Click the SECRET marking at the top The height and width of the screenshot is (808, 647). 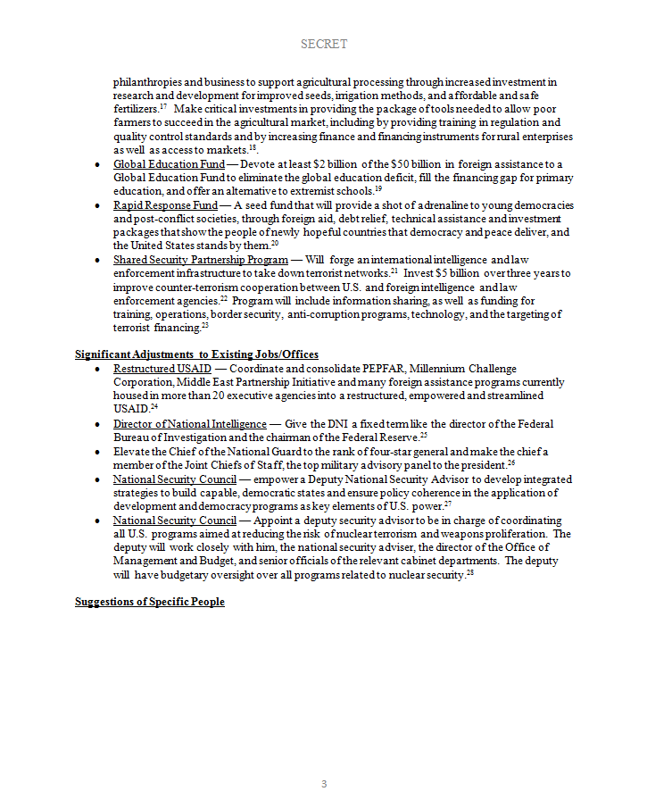click(323, 44)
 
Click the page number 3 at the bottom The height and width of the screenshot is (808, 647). click(324, 784)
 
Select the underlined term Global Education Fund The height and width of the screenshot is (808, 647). click(169, 164)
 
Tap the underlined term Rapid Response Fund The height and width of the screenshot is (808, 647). click(165, 205)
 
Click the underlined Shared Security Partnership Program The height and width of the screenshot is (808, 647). click(200, 259)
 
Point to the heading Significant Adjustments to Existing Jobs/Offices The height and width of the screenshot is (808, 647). click(196, 354)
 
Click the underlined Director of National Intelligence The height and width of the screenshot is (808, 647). click(189, 423)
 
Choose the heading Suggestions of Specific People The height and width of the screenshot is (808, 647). click(149, 602)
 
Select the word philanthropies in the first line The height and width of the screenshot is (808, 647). click(148, 82)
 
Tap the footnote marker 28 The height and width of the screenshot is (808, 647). click(469, 573)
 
